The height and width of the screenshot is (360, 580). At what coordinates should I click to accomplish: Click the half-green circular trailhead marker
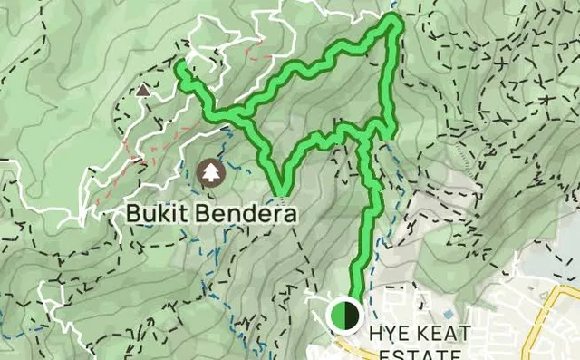coord(344,316)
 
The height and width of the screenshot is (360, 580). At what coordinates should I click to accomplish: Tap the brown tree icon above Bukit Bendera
coord(210,171)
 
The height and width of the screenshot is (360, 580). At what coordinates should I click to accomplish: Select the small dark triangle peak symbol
coord(142,90)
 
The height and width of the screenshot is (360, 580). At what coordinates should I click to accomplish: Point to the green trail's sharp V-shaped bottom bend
coord(281,191)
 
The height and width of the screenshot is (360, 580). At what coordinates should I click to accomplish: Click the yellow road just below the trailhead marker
coord(349,345)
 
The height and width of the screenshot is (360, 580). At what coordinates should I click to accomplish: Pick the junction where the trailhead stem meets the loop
coord(364,139)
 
